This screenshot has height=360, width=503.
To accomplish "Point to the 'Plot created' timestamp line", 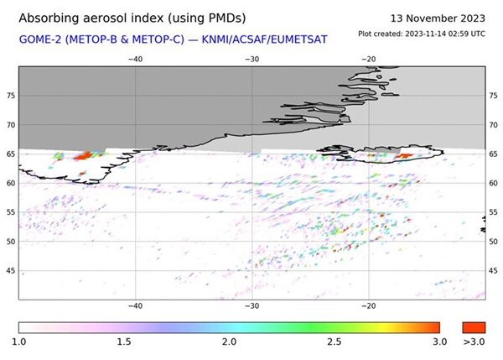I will coord(421,34).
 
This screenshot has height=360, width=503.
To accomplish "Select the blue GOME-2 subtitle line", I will coord(173,39).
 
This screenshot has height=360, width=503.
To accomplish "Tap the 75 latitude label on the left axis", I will coord(12,96).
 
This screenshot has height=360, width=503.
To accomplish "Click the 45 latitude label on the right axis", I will coord(493,270).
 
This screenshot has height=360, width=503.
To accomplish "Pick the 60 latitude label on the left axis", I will coord(12,183).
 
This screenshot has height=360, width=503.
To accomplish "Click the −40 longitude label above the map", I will coord(135,60).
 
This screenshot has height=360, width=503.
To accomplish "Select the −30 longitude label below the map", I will coord(251,307).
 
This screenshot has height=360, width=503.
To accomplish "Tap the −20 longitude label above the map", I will coord(366,60).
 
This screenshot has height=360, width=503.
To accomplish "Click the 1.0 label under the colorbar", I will coord(20,342).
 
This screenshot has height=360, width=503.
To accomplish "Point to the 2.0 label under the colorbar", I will coord(229,342).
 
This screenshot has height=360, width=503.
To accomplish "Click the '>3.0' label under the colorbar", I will coord(474,342).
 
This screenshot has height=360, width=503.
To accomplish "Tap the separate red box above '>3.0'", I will coord(474,326).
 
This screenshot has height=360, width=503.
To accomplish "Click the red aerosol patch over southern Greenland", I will coord(83,155).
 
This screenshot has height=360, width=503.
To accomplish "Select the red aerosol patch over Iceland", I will coord(404,155).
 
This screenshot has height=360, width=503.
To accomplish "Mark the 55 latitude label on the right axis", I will coord(493,212).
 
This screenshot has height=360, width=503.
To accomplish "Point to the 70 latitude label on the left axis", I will coord(12,125).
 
